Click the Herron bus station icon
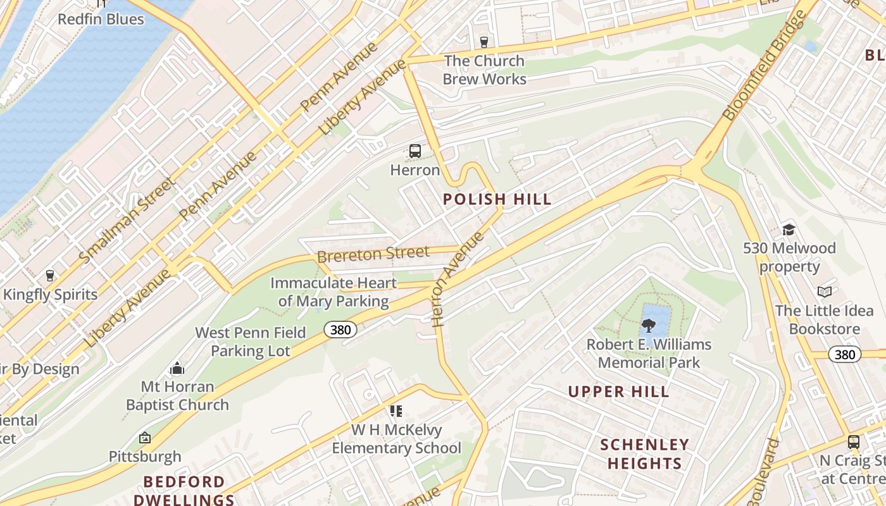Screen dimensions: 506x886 pos(415,151)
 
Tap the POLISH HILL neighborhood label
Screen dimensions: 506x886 pos(497,199)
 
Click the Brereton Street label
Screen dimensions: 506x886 pos(373,254)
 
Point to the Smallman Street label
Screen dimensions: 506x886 pos(127,221)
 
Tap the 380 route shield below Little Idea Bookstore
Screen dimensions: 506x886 pos(845,354)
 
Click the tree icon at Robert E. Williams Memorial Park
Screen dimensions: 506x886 pos(648,326)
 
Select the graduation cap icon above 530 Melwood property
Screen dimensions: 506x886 pos(789,230)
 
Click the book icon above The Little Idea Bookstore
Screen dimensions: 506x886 pos(824,292)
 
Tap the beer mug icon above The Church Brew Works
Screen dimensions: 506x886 pos(484,42)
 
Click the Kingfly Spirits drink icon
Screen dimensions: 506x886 pos(50,275)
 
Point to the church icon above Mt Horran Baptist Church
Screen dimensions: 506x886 pos(177,367)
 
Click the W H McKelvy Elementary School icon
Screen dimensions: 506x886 pos(396,411)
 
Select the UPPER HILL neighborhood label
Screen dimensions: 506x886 pos(618,392)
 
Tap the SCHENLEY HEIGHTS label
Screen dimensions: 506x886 pos(644,454)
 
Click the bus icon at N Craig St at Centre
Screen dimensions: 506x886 pos(853,441)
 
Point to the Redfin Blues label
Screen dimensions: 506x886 pos(101,19)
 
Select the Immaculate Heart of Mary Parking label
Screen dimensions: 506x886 pos(334,292)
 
